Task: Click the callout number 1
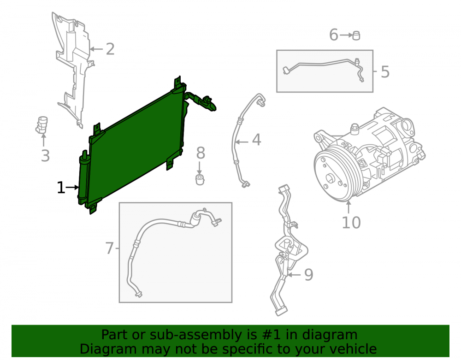click(x=60, y=188)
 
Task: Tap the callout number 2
click(x=110, y=49)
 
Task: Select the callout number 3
click(x=45, y=155)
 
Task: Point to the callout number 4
click(x=257, y=140)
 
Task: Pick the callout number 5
click(x=385, y=72)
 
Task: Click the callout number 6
click(x=333, y=35)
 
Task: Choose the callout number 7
click(x=109, y=248)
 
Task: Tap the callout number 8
click(x=201, y=153)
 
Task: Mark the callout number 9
click(x=308, y=275)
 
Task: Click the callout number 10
click(x=351, y=223)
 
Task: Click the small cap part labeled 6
click(x=356, y=35)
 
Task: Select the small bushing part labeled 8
click(x=200, y=180)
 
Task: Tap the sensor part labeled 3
click(x=42, y=125)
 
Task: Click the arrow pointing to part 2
click(x=96, y=49)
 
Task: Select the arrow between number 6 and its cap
click(x=346, y=35)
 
